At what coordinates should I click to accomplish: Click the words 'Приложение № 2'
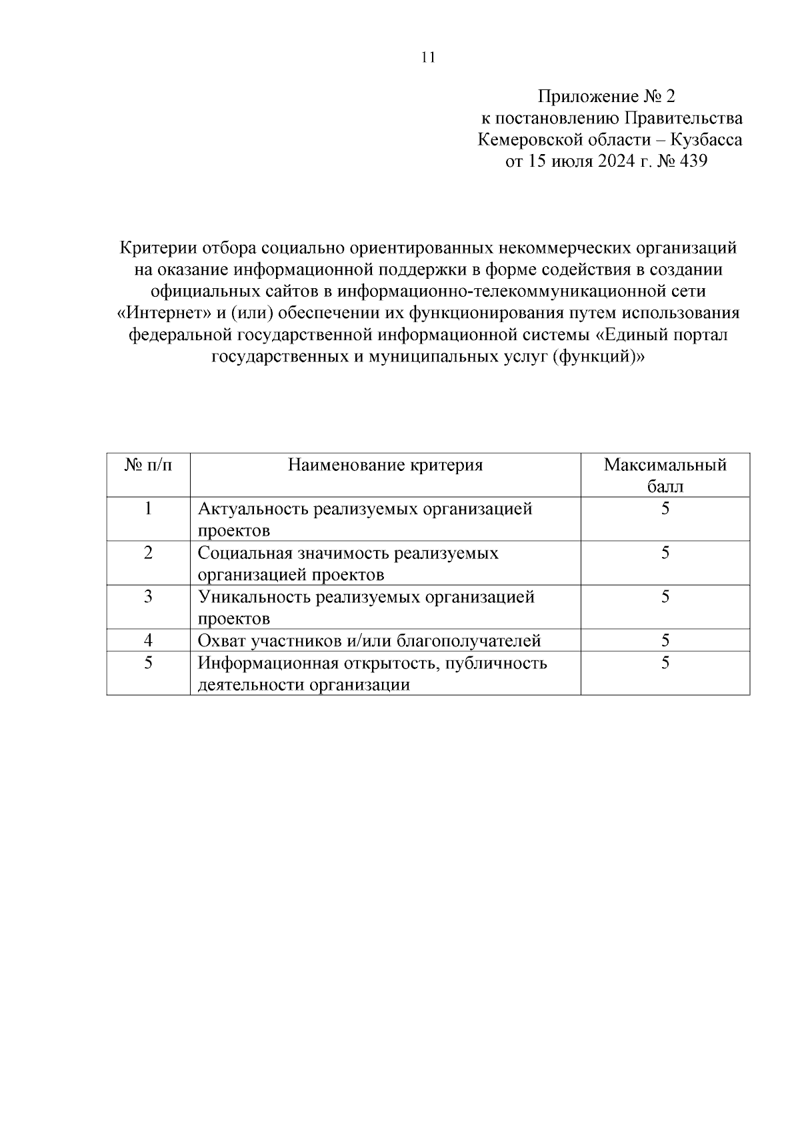click(x=607, y=97)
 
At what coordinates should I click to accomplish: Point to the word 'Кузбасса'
click(x=707, y=140)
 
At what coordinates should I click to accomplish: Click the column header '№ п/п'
click(x=148, y=465)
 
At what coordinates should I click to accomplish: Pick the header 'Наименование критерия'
click(x=385, y=465)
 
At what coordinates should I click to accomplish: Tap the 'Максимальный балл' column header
click(x=665, y=475)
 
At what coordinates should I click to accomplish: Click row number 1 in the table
click(x=148, y=509)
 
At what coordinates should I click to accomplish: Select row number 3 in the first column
click(x=148, y=596)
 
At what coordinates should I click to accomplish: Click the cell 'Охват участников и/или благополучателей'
click(x=369, y=641)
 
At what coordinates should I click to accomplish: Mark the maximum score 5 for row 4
click(x=665, y=641)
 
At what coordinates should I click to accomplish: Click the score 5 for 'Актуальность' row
click(x=665, y=509)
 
